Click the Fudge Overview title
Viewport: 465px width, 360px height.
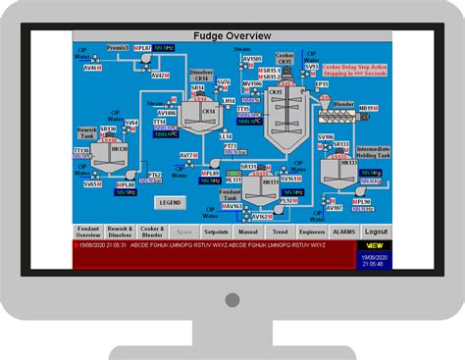pyautogui.click(x=232, y=36)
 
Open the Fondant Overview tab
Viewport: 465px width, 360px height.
pyautogui.click(x=89, y=232)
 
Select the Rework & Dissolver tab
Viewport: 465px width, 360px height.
pyautogui.click(x=122, y=232)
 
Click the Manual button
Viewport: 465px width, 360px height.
pyautogui.click(x=249, y=232)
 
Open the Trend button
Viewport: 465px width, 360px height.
pyautogui.click(x=280, y=232)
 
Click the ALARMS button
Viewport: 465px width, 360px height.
pyautogui.click(x=343, y=232)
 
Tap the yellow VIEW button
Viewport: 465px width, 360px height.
pyautogui.click(x=375, y=244)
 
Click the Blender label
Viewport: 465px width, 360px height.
pyautogui.click(x=343, y=103)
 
